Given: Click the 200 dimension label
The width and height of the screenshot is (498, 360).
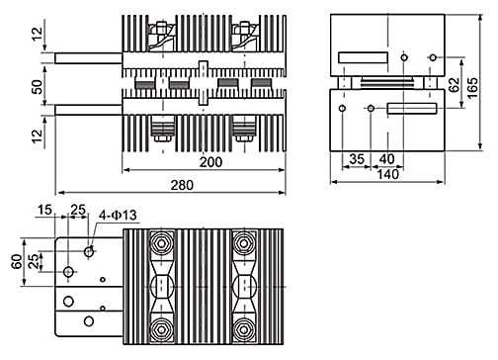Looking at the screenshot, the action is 210,162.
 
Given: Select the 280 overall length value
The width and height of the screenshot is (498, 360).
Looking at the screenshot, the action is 182,185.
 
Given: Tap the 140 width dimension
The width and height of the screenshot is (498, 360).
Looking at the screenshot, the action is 387,174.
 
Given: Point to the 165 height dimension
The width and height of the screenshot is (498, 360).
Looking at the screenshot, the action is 473,88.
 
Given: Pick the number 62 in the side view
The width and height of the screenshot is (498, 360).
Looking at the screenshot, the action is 455,84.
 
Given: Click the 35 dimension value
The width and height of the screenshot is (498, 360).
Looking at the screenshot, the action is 357,159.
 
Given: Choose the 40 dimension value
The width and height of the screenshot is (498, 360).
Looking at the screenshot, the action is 386,159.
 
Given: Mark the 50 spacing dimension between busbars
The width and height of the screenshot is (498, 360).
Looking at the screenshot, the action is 38,87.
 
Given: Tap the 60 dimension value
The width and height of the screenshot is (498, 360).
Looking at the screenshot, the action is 17,261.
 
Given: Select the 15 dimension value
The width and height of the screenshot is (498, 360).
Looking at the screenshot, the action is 44,210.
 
